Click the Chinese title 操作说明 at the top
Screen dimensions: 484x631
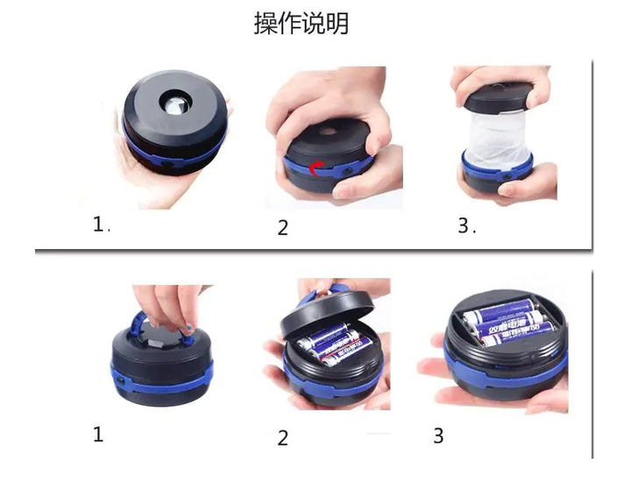(301, 24)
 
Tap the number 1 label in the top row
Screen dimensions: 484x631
(99, 224)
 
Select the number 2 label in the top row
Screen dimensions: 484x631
(282, 228)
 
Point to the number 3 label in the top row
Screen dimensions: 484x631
(464, 225)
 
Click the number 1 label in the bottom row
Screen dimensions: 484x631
(98, 434)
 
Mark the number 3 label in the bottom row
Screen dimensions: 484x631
(438, 436)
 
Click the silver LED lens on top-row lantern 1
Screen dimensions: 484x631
(172, 106)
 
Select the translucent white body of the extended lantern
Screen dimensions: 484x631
(498, 135)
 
